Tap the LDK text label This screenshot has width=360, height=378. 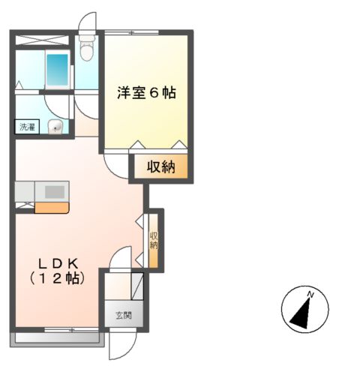(56, 263)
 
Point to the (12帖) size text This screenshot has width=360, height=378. (56, 278)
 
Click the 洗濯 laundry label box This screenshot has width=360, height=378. (27, 127)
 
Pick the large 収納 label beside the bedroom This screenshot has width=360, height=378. (160, 167)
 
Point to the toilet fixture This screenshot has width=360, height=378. (87, 49)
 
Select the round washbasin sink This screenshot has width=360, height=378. (55, 127)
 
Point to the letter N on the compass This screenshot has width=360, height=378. (310, 292)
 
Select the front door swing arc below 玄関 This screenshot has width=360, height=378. (119, 346)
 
